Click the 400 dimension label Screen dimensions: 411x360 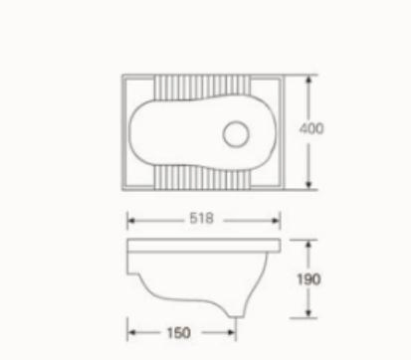pyautogui.click(x=311, y=128)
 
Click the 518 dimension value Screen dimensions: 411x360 pyautogui.click(x=201, y=218)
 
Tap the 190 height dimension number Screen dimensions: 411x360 pyautogui.click(x=308, y=279)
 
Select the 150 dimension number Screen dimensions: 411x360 pyautogui.click(x=179, y=333)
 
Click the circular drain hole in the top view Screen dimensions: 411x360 pyautogui.click(x=236, y=134)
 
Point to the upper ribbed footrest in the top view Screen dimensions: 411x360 pyautogui.click(x=202, y=88)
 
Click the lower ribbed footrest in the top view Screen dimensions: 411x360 pyautogui.click(x=202, y=178)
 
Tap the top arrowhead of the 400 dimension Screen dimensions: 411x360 pyautogui.click(x=308, y=80)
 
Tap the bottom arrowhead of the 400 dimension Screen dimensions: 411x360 pyautogui.click(x=308, y=185)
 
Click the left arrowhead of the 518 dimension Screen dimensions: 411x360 pyautogui.click(x=131, y=221)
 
